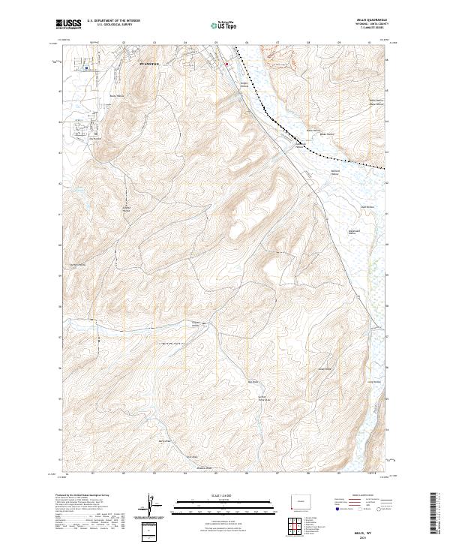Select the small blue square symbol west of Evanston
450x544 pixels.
(86, 68)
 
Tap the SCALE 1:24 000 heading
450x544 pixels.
(224, 494)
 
